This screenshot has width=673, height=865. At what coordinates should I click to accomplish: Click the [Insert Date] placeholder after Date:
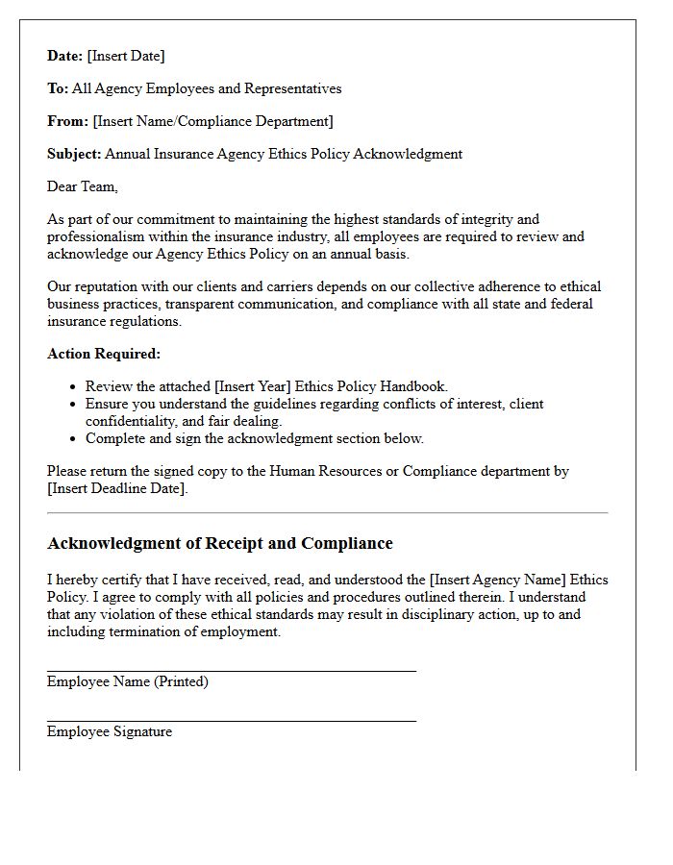pyautogui.click(x=126, y=56)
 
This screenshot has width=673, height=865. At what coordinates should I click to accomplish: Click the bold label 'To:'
pyautogui.click(x=58, y=88)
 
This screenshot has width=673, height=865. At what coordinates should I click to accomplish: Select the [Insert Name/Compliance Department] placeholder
pyautogui.click(x=212, y=121)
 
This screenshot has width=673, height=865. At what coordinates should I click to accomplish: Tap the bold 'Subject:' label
pyautogui.click(x=74, y=154)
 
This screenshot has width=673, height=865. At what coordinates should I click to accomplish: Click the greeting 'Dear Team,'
pyautogui.click(x=83, y=186)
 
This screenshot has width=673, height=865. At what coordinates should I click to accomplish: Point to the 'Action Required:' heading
pyautogui.click(x=104, y=354)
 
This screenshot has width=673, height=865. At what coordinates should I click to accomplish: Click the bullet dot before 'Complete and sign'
pyautogui.click(x=73, y=439)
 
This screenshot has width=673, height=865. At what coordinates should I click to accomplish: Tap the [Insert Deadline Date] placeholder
pyautogui.click(x=117, y=488)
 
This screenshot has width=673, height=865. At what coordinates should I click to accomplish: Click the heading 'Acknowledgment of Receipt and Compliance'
pyautogui.click(x=220, y=543)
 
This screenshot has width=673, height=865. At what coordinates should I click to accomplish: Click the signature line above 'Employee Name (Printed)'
pyautogui.click(x=232, y=671)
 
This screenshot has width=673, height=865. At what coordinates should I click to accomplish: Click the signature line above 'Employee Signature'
pyautogui.click(x=232, y=721)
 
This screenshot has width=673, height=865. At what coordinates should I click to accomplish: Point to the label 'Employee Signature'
pyautogui.click(x=110, y=731)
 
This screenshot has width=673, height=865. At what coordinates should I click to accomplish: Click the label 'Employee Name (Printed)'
pyautogui.click(x=128, y=681)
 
